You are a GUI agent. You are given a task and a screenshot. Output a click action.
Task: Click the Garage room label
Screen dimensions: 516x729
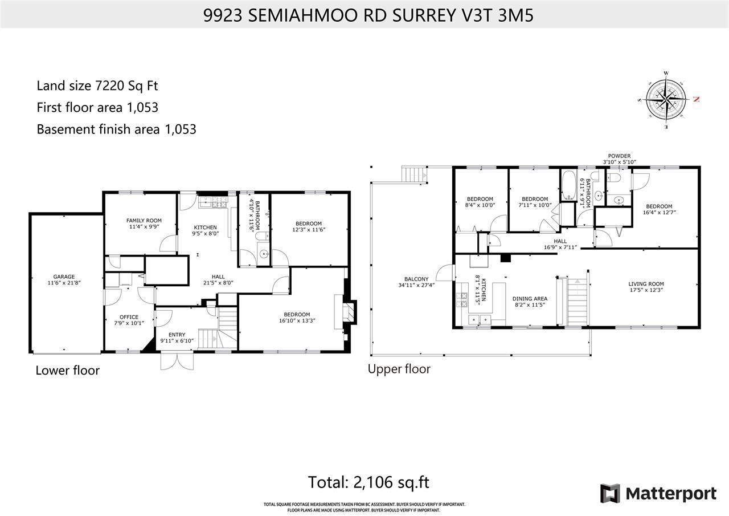[x=64, y=279]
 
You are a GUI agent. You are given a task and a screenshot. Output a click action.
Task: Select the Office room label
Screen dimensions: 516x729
[x=129, y=320]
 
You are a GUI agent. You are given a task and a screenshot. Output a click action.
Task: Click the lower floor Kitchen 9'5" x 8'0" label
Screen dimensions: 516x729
[x=205, y=230]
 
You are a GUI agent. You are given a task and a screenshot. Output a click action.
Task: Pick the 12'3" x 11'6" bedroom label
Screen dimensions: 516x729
[x=308, y=226]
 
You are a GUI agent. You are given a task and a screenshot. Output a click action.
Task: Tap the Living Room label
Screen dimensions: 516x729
[x=646, y=287]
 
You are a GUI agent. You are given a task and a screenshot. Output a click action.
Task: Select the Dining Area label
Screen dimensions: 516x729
[x=530, y=302]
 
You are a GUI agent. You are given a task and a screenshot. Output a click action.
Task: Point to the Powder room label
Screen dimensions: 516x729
[x=619, y=159]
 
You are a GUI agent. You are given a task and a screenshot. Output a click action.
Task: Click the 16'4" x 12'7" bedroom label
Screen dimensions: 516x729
[x=658, y=209]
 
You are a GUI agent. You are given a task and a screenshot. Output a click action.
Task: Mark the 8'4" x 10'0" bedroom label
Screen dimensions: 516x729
[x=479, y=202]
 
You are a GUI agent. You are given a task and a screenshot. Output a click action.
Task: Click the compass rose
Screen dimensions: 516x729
[x=665, y=98]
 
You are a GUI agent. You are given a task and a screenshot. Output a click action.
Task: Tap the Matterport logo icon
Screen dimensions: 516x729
[x=610, y=493]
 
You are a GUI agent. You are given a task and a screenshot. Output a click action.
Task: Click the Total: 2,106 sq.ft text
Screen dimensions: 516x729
[x=368, y=482]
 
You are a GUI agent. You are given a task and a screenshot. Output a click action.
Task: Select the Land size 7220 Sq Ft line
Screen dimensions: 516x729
[x=97, y=86]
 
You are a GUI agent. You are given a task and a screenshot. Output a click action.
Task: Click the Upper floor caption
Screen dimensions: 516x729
[x=399, y=369]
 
